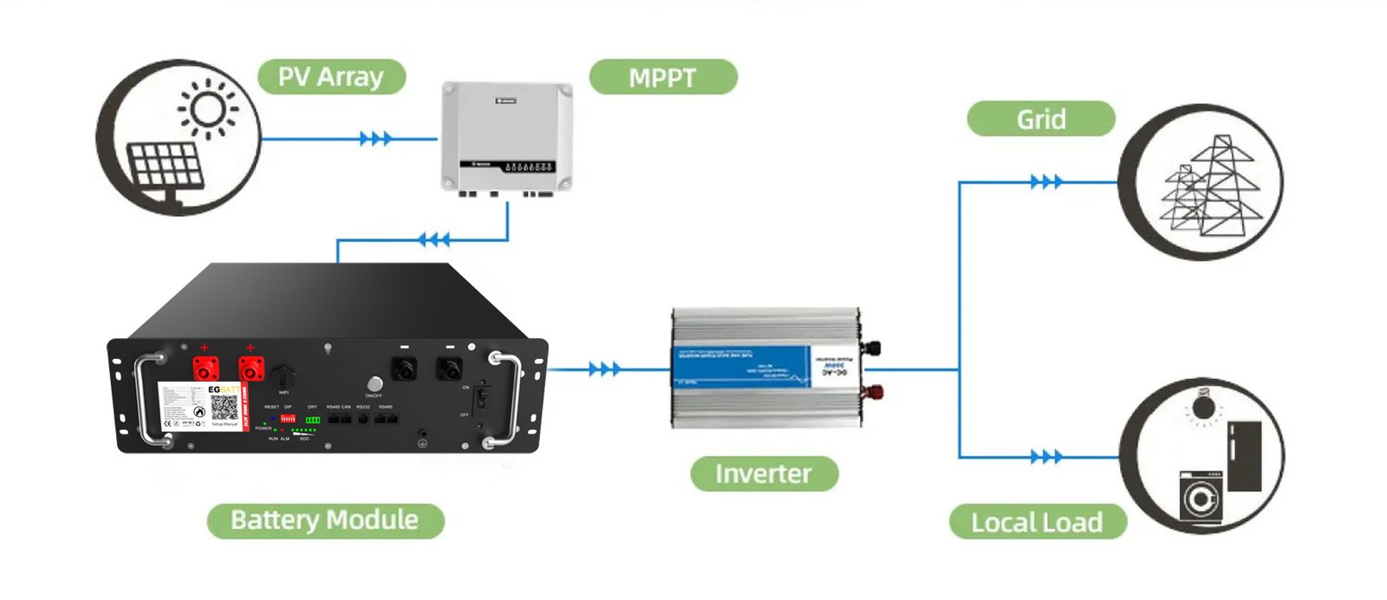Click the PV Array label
tap(331, 77)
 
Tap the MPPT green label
tap(662, 78)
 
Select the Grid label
tap(1040, 119)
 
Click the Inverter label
tap(764, 473)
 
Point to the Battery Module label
tap(325, 520)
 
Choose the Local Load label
tap(1037, 522)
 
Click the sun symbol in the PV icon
tap(207, 109)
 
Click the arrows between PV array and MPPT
tap(375, 139)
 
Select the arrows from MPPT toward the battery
tap(433, 239)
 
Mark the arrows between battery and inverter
tap(604, 369)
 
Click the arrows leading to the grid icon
tap(1045, 182)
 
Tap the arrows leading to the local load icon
tap(1045, 456)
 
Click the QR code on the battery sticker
tap(224, 408)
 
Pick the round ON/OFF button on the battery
tap(374, 383)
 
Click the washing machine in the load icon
tap(1201, 497)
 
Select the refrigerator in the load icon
tap(1244, 456)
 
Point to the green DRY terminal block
tap(313, 420)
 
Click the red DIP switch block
tap(288, 419)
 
